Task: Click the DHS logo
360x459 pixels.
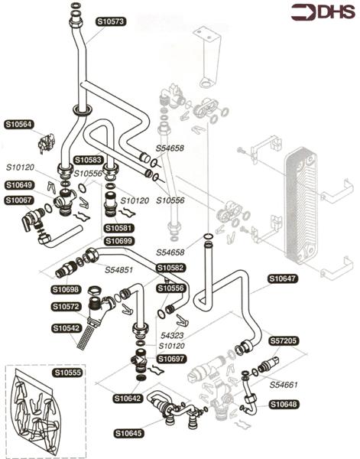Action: tap(323, 12)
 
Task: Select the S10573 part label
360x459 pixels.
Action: tap(111, 21)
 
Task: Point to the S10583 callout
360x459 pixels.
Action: tap(89, 160)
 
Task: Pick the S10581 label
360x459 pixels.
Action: tap(119, 228)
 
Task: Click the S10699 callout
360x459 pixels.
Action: tap(119, 241)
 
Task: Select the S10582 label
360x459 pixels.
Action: tap(171, 268)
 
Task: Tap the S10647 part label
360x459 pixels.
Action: tap(283, 278)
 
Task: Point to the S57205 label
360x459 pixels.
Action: tap(283, 340)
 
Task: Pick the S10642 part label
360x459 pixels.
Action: tap(128, 398)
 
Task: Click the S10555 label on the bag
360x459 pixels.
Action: tap(68, 373)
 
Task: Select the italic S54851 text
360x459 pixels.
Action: tap(119, 269)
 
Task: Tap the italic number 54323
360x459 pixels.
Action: tap(172, 335)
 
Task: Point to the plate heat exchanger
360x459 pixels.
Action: tap(301, 205)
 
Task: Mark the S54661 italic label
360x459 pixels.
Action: tap(283, 384)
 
